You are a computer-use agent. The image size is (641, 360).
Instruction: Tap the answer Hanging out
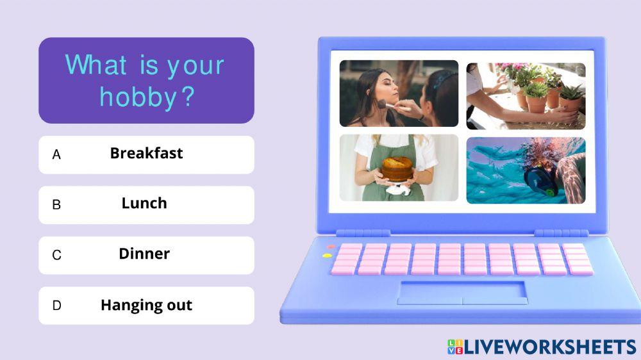(146, 306)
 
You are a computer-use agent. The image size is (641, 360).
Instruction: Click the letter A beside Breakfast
(56, 154)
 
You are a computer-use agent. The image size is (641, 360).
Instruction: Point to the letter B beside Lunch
(56, 205)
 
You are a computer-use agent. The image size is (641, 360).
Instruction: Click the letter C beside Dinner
(57, 255)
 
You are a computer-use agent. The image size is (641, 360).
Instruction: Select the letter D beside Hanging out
(57, 306)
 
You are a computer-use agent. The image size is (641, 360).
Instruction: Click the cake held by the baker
(397, 169)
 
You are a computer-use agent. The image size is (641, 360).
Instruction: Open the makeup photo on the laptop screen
(399, 93)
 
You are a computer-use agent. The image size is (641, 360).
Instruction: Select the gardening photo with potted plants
(526, 96)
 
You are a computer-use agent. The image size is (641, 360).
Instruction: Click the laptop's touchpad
(462, 293)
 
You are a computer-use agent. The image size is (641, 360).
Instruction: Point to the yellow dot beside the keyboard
(327, 256)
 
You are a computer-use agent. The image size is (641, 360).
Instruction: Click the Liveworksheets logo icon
(455, 347)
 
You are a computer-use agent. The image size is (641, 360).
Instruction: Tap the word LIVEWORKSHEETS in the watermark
(550, 347)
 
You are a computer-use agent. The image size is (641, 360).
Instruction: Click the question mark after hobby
(187, 97)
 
